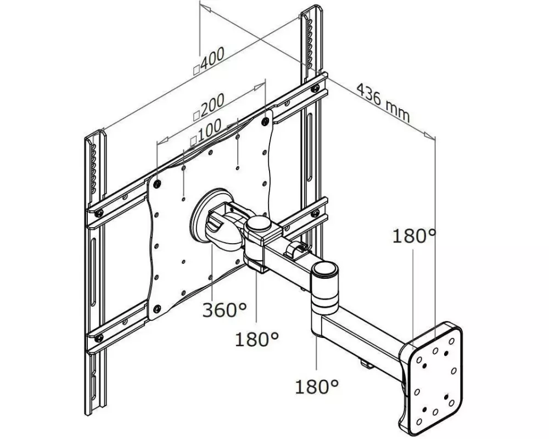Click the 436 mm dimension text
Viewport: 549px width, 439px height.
click(x=383, y=103)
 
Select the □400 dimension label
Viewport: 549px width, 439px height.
click(x=209, y=60)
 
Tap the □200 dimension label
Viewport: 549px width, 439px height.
click(x=209, y=107)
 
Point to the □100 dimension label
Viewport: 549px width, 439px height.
click(x=206, y=132)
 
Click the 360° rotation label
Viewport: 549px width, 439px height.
click(x=225, y=310)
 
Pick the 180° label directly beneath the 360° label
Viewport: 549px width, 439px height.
click(x=256, y=339)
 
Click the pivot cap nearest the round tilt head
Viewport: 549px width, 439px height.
click(x=259, y=224)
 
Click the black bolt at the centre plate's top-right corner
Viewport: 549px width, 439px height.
click(x=265, y=121)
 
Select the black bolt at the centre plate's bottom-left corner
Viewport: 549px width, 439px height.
click(x=157, y=309)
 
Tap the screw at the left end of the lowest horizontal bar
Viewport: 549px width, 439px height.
click(x=99, y=338)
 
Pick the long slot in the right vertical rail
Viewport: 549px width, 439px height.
click(x=310, y=147)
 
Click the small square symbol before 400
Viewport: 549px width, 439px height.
click(x=197, y=70)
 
